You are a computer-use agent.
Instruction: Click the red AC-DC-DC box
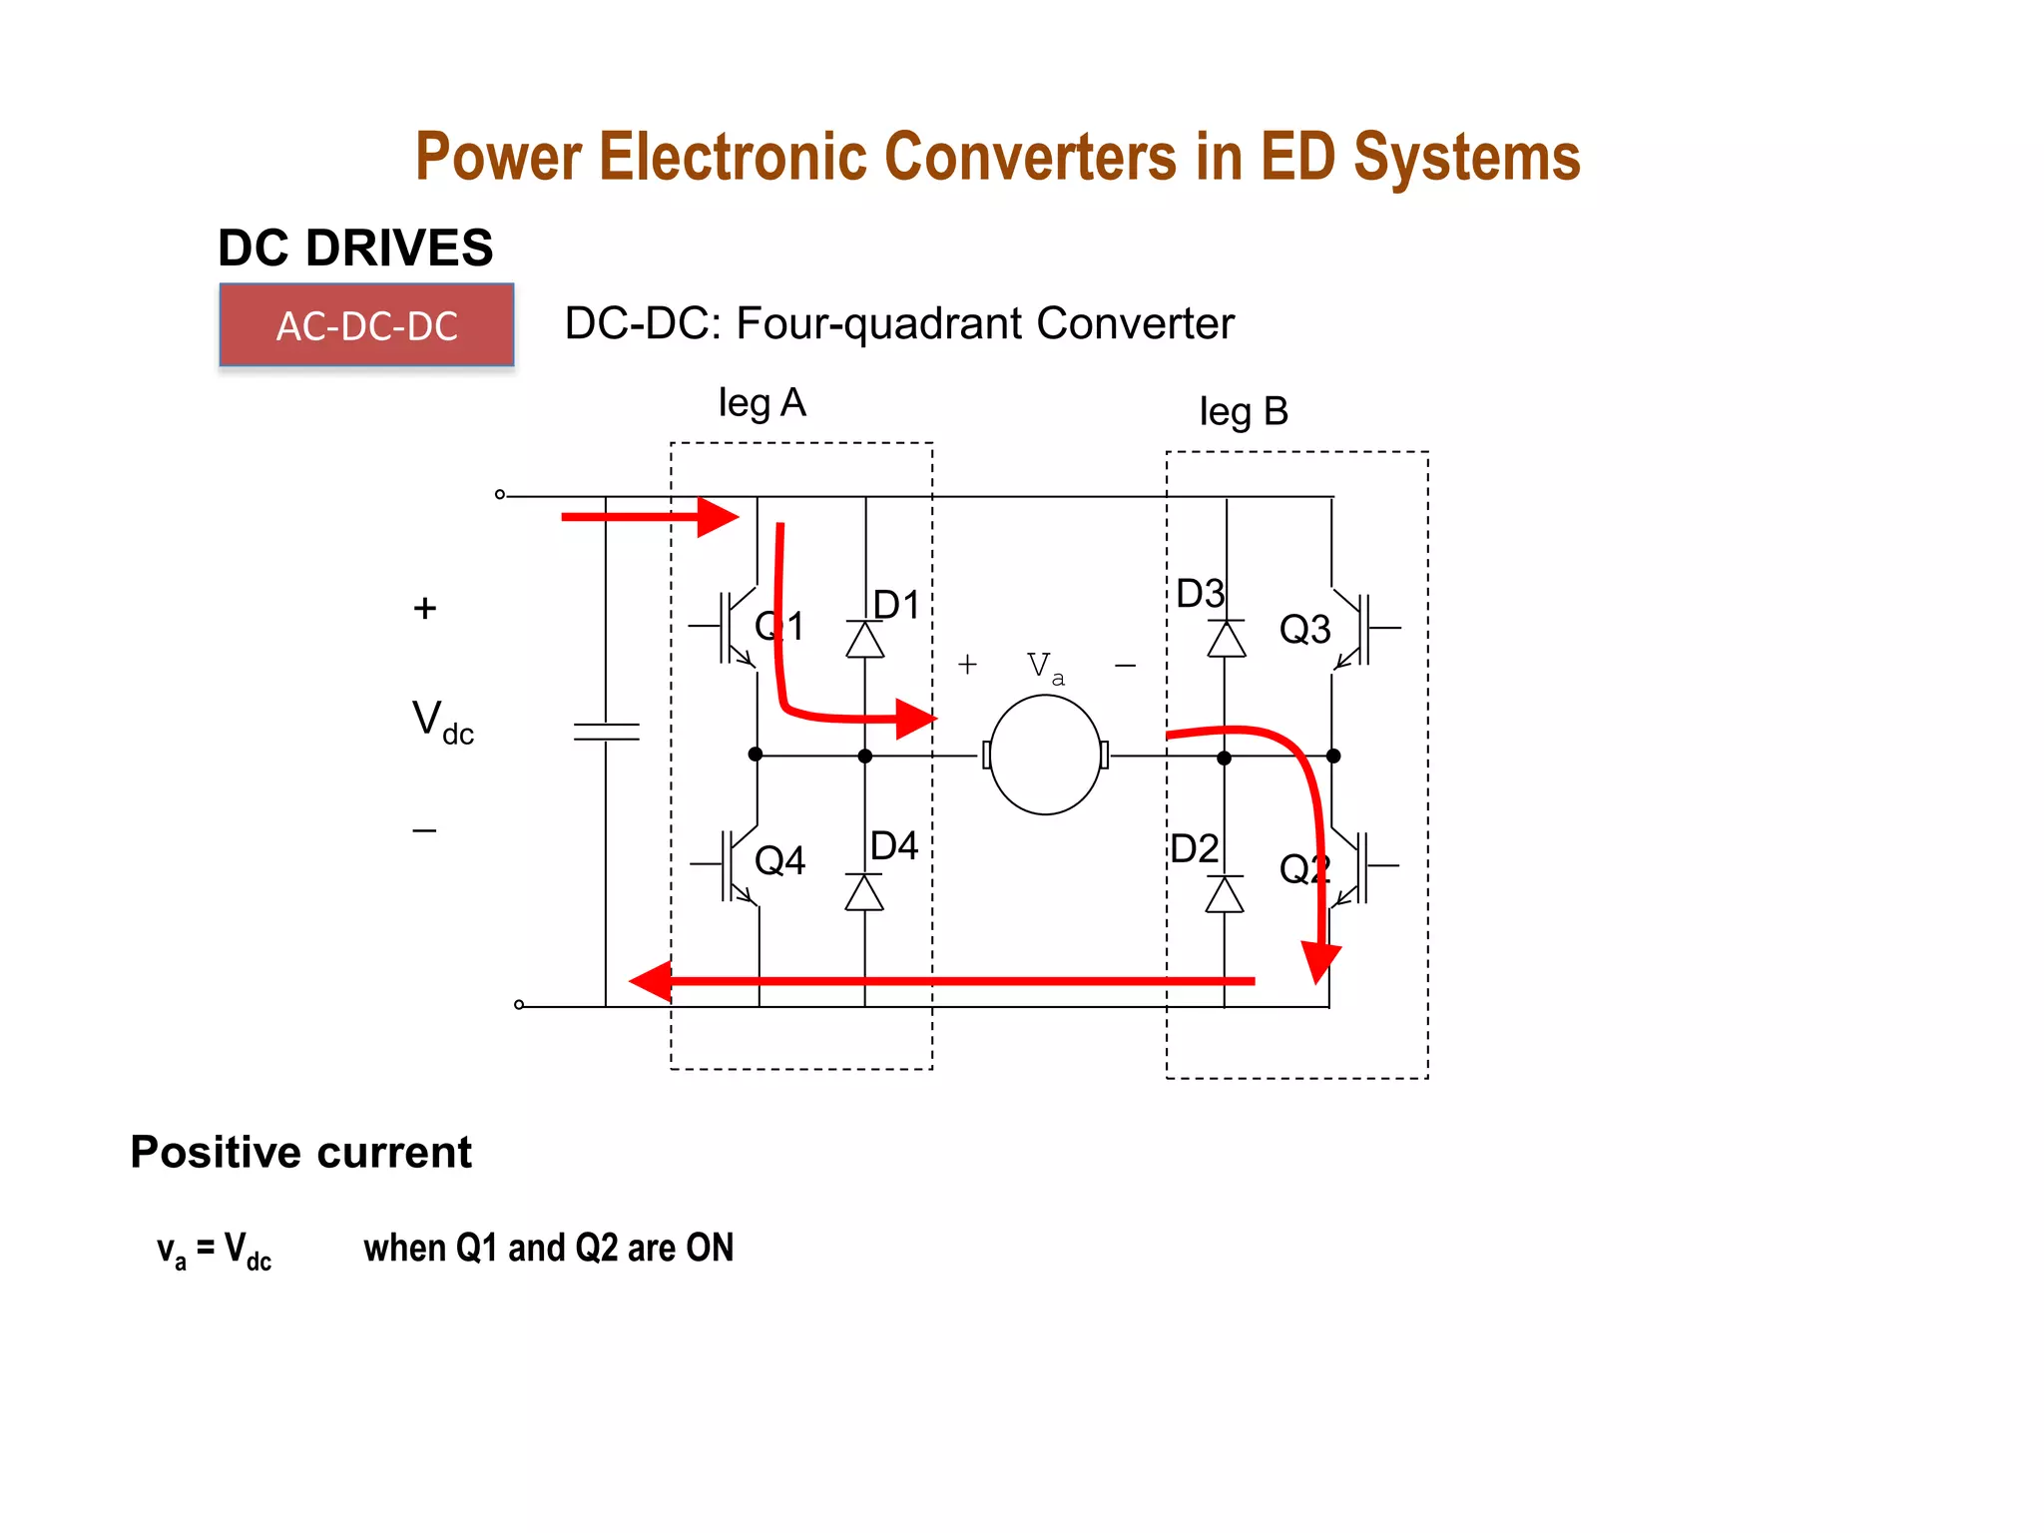[x=366, y=325]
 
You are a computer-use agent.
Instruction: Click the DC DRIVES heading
[x=355, y=248]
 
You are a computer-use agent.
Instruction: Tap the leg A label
[x=762, y=403]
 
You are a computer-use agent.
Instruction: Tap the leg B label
[x=1244, y=411]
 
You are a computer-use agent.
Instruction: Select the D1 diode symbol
[x=865, y=640]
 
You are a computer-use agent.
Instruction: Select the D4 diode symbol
[x=864, y=892]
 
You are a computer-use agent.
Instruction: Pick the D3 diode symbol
[x=1227, y=639]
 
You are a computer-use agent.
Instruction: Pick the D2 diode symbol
[x=1225, y=894]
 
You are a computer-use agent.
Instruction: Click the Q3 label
[x=1304, y=630]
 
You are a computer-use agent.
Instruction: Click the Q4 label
[x=779, y=860]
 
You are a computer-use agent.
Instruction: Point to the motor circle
[x=1045, y=756]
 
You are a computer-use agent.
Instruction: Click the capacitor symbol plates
[x=606, y=732]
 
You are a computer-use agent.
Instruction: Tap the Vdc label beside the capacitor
[x=442, y=721]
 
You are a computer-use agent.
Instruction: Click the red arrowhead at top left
[x=718, y=517]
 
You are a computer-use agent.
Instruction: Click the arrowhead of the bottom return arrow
[x=652, y=981]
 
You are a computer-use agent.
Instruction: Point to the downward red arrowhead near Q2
[x=1320, y=961]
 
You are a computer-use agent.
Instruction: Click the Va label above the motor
[x=1044, y=667]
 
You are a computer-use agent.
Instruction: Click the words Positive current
[x=300, y=1153]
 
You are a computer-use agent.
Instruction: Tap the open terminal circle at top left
[x=500, y=494]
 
